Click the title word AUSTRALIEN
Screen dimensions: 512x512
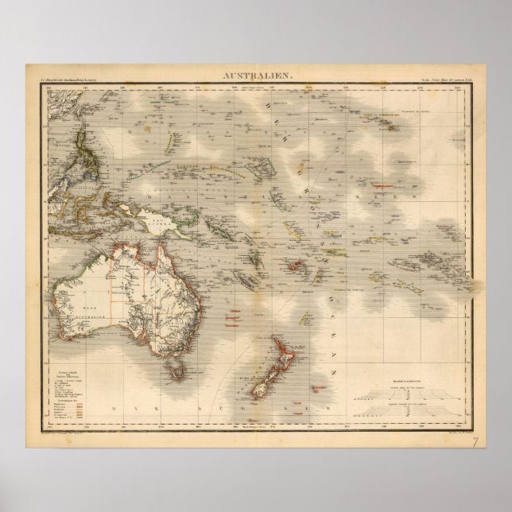click(x=255, y=75)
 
